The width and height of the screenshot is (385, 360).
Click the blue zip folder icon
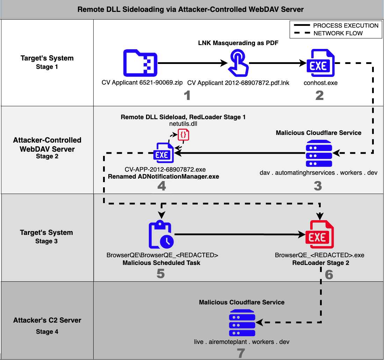pyautogui.click(x=140, y=63)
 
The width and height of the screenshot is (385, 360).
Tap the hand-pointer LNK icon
pyautogui.click(x=238, y=63)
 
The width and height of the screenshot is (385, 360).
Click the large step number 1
pyautogui.click(x=187, y=95)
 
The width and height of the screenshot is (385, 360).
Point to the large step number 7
pyautogui.click(x=241, y=353)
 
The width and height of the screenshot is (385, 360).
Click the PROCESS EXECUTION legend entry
pyautogui.click(x=345, y=26)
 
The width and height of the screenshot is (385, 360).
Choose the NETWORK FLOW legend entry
pyautogui.click(x=338, y=34)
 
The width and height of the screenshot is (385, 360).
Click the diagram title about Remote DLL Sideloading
pyautogui.click(x=190, y=9)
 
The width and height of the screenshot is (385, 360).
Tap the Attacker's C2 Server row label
pyautogui.click(x=47, y=320)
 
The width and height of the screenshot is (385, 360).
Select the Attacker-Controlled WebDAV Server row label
pyautogui.click(x=47, y=144)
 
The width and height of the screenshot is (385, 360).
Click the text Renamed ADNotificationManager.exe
pyautogui.click(x=163, y=177)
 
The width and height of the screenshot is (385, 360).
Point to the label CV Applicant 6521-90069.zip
pyautogui.click(x=142, y=83)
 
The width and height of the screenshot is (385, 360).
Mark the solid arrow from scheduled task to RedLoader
pyautogui.click(x=238, y=235)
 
